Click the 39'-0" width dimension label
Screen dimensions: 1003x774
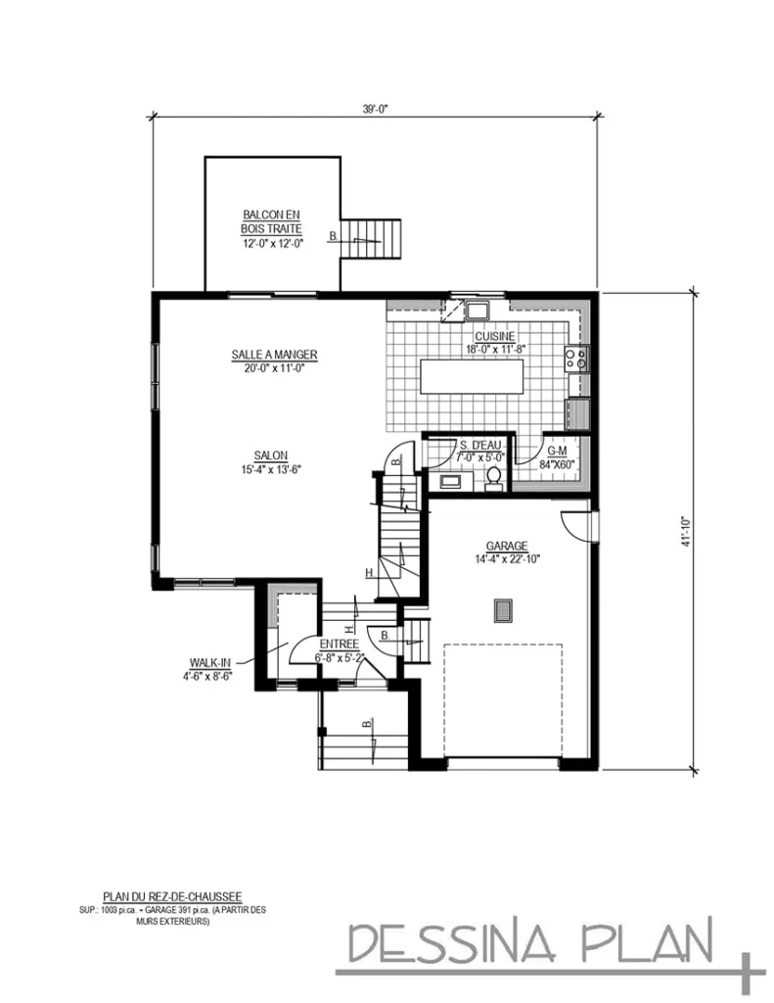point(376,110)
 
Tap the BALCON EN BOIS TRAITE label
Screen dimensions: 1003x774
point(272,221)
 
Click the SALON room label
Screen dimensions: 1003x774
point(270,455)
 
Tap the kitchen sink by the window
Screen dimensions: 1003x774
point(478,311)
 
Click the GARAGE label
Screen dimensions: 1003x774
point(507,546)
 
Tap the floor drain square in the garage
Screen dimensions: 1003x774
point(503,610)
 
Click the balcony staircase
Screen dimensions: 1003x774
point(376,238)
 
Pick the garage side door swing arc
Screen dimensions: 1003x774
point(577,525)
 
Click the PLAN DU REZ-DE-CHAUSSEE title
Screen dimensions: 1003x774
point(173,895)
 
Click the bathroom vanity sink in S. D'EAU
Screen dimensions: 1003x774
point(451,481)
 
